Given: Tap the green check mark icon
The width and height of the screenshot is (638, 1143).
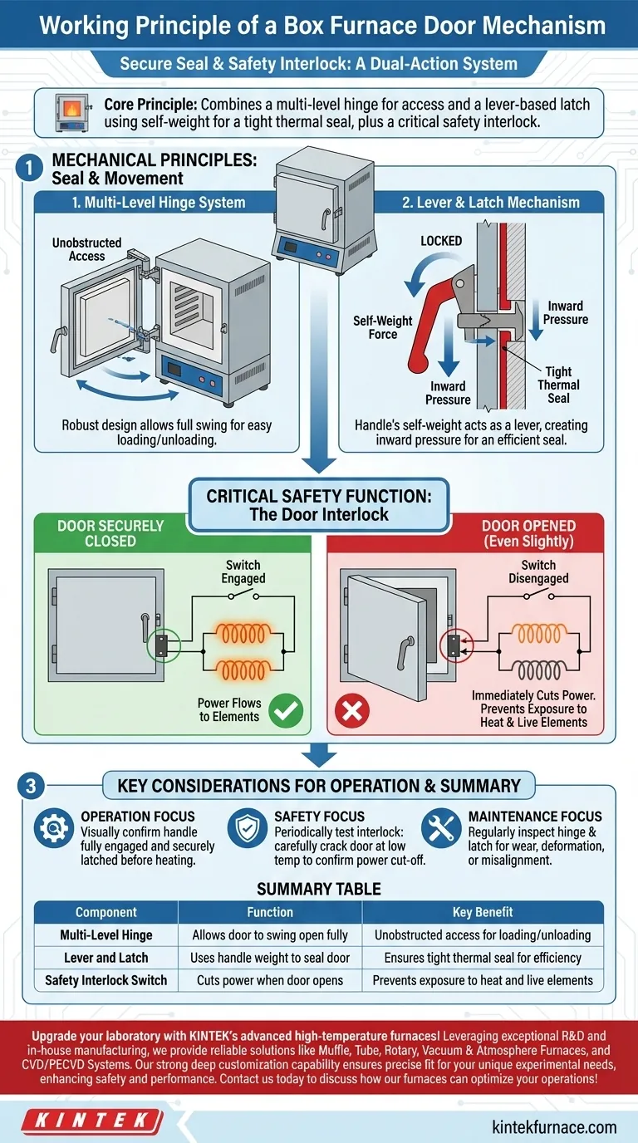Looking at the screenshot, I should coord(286,710).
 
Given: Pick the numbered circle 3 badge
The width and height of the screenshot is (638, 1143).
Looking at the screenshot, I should coord(29,786).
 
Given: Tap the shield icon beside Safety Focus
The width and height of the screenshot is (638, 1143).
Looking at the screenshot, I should coord(247,830).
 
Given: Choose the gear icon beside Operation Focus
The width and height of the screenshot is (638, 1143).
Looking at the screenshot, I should coord(52,830).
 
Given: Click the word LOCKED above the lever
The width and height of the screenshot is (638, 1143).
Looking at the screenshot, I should coord(441,241).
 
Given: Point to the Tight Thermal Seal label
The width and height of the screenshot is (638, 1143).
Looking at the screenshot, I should coord(558,385).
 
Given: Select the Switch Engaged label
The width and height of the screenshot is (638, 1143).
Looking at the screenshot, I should coord(243,571).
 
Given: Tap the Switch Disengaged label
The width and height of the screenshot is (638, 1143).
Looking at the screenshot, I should coord(538,571).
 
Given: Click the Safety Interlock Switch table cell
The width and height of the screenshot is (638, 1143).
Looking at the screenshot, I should coord(106,980).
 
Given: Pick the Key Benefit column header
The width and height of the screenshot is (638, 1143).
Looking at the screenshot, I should coord(483,912).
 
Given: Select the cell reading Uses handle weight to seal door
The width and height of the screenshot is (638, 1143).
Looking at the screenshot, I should coord(270,958).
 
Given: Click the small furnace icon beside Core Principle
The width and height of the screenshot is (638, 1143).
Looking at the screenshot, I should coord(72,111).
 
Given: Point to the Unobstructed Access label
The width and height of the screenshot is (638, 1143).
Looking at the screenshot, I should coord(86,249).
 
